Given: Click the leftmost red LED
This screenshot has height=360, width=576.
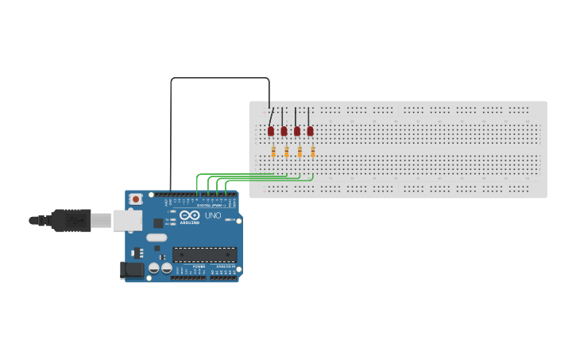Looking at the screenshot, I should click(271, 131).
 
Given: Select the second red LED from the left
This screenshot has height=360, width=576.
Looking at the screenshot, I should click(284, 131).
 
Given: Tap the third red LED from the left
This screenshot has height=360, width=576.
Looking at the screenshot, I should click(297, 131).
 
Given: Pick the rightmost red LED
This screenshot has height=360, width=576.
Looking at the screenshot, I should click(310, 131).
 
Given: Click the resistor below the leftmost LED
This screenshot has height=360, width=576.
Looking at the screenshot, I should click(273, 152).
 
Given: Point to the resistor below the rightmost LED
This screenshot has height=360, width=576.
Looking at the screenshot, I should click(313, 152).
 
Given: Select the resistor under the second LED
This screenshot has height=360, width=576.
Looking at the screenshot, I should click(286, 152).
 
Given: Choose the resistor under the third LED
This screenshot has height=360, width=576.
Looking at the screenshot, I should click(300, 152).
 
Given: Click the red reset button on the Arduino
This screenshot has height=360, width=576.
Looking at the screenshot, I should click(136, 199).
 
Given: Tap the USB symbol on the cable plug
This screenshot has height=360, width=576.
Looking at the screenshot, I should click(75, 219).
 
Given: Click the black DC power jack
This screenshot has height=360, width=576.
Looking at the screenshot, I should click(132, 270).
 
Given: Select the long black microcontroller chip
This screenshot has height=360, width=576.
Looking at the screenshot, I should click(204, 255).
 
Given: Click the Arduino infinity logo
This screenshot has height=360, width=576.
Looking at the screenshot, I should click(190, 215).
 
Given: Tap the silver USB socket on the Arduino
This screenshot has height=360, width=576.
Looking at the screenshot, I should click(126, 220).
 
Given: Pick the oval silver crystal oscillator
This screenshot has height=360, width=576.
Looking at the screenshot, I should click(157, 238).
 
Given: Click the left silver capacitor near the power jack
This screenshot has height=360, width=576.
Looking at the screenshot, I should click(154, 269).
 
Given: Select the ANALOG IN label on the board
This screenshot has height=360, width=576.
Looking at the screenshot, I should click(225, 266).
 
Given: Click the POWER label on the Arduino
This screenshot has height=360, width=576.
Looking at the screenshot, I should click(199, 266).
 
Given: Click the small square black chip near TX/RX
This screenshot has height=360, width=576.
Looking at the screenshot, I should click(158, 223).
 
